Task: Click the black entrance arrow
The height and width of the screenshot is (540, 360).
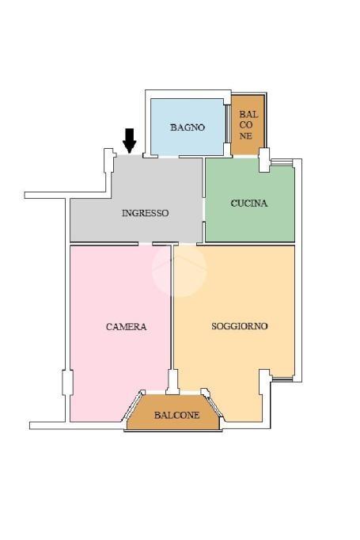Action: (130, 140)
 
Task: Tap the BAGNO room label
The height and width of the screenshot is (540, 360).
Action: (188, 127)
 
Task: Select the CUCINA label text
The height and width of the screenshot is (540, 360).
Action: (248, 203)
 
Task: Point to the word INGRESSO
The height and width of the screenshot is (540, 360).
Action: (146, 213)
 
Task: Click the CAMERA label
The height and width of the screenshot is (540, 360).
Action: (127, 326)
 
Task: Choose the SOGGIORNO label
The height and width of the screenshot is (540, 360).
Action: (240, 325)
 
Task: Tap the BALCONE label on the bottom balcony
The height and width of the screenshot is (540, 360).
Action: (177, 415)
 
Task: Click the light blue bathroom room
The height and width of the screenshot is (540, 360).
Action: (188, 127)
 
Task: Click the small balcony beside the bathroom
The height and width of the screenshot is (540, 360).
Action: (248, 125)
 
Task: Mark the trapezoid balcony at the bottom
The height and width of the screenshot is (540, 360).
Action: (173, 413)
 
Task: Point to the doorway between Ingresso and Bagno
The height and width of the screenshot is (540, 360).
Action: (169, 157)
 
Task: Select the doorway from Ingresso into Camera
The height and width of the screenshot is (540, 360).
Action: (146, 244)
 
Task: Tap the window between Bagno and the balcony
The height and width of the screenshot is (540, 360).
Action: (228, 124)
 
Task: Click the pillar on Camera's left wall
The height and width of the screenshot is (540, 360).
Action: (67, 382)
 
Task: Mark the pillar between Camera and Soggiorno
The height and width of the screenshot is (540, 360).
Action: (173, 382)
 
